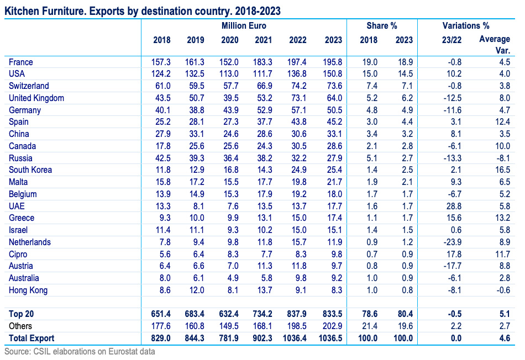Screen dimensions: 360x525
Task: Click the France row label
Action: (22, 62)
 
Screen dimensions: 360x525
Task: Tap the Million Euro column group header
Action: (243, 26)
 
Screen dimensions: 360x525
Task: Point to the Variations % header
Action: (466, 26)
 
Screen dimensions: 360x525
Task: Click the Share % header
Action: (382, 26)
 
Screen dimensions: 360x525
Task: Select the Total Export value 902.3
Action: (264, 338)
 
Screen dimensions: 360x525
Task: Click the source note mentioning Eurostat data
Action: (80, 351)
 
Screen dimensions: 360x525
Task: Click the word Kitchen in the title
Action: (19, 10)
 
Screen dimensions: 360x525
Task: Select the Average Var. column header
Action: (494, 44)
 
